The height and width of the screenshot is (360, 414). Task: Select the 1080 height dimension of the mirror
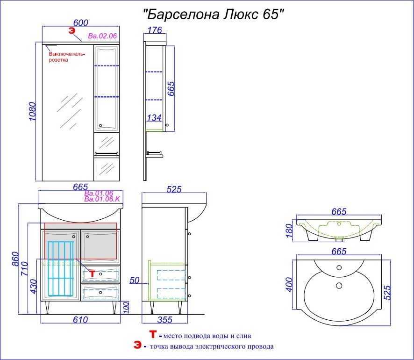click(x=33, y=111)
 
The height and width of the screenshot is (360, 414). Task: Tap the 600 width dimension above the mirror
click(x=80, y=23)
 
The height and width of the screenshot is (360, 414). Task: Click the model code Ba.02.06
click(x=102, y=36)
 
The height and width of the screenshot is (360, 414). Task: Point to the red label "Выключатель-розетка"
click(x=67, y=57)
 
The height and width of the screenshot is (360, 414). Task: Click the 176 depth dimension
click(x=155, y=30)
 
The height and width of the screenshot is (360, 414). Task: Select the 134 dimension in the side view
click(x=154, y=117)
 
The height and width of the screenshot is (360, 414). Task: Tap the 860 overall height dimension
click(x=15, y=259)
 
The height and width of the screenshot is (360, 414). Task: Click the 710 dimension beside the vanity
click(x=24, y=268)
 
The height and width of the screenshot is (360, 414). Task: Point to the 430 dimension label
click(x=34, y=286)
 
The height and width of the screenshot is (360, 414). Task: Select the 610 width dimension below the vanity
click(x=80, y=320)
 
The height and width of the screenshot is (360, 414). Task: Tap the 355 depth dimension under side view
click(x=165, y=320)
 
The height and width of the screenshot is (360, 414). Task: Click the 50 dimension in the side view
click(x=135, y=280)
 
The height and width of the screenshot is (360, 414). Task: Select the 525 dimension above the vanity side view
click(x=174, y=189)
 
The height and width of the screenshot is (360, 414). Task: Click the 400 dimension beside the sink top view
click(x=290, y=284)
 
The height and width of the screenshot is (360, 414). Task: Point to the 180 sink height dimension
click(x=289, y=230)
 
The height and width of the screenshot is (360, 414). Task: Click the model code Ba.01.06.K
click(x=102, y=199)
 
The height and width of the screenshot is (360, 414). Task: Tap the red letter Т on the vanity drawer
click(x=92, y=274)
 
